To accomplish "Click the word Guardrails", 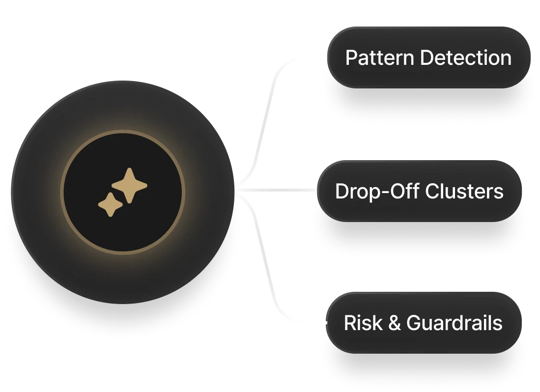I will point(455,323).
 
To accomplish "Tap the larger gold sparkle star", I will point(129,185).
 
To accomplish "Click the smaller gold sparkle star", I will point(111,204).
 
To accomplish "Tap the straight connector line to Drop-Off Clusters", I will point(280,190).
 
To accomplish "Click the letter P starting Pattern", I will point(351,58).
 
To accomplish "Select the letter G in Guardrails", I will point(414,323).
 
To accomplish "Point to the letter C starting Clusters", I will point(431,191).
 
